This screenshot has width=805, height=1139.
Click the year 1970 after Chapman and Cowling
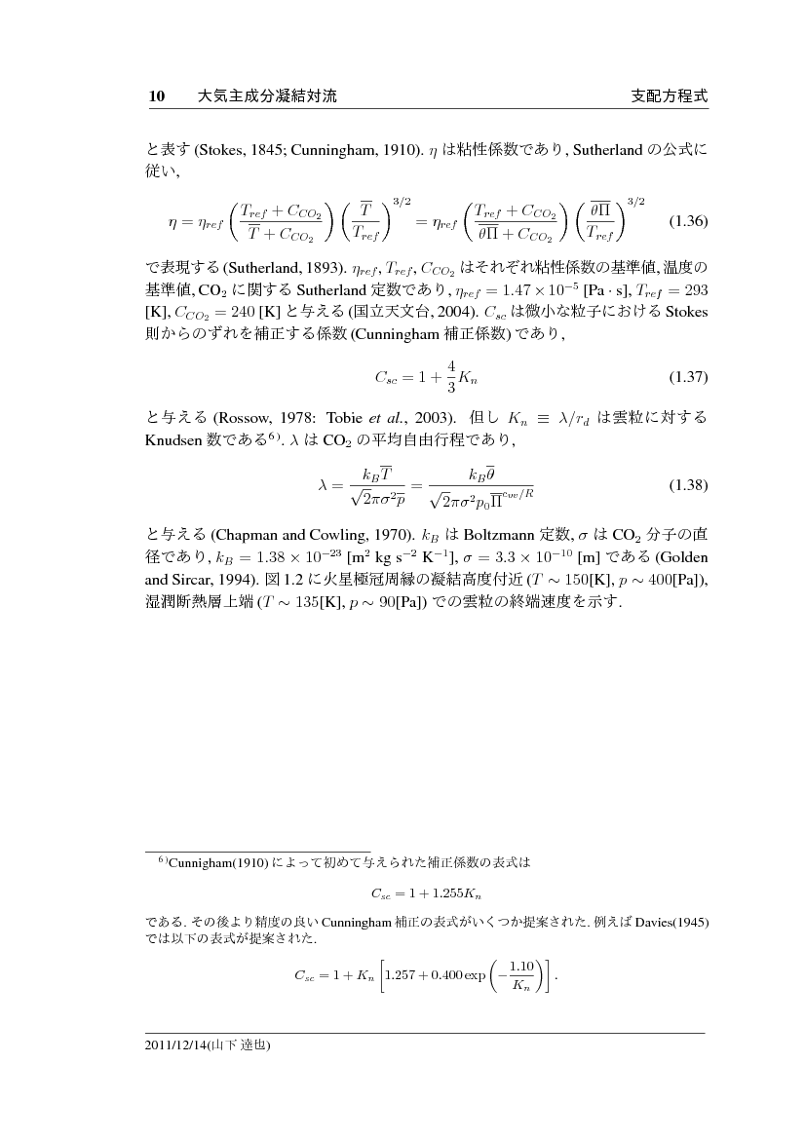click(382, 534)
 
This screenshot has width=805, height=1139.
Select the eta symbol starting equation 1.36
click(173, 221)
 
